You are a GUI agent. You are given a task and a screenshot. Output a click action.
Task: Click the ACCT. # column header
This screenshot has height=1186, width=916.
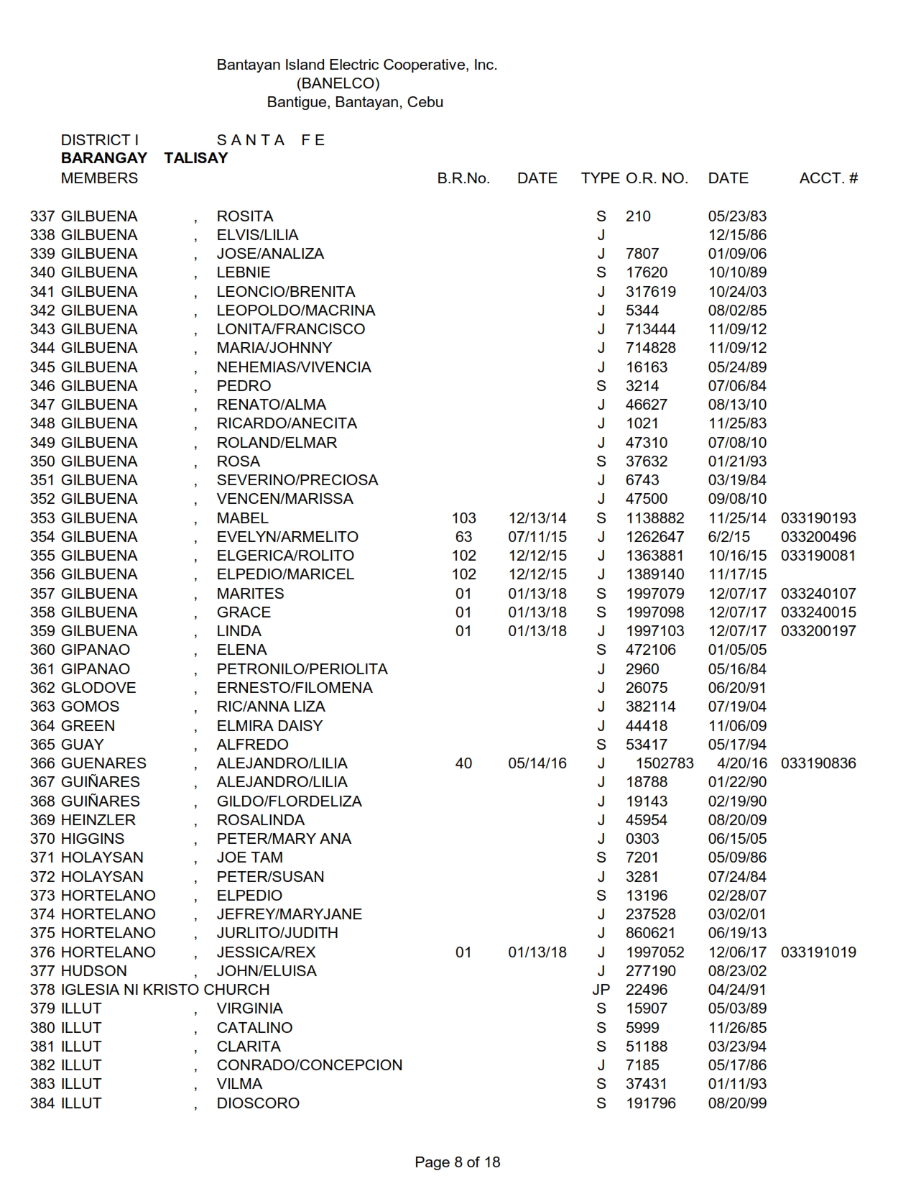828,178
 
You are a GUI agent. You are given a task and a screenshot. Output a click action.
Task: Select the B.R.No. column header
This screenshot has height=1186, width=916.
463,178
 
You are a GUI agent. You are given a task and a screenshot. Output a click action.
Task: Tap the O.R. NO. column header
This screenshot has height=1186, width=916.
657,178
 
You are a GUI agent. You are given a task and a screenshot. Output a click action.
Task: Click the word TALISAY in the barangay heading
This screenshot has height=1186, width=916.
195,158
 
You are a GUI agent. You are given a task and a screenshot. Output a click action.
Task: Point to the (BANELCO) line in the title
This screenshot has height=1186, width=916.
338,83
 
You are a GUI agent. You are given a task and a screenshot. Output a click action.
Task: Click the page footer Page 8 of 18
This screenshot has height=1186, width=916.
457,1162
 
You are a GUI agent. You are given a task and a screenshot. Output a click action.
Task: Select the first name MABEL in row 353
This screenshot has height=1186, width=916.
242,518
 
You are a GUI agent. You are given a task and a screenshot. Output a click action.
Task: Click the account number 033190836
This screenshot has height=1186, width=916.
818,763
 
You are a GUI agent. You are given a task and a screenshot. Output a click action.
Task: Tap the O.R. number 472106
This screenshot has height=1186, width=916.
650,650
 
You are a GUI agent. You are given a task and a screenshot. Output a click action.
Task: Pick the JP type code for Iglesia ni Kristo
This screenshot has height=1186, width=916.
601,990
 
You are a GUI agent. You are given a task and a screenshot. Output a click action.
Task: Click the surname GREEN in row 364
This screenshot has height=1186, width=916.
88,726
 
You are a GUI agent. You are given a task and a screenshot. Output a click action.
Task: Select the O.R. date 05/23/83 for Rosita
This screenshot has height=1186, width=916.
737,216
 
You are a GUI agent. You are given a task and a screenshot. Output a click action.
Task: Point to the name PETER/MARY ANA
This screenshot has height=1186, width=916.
284,839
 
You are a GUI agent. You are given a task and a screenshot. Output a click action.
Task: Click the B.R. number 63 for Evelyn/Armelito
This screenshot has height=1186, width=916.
463,537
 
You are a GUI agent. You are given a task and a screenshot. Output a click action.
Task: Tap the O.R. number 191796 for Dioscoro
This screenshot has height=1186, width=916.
650,1103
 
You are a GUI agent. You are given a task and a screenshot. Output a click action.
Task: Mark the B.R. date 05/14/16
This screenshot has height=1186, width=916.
537,763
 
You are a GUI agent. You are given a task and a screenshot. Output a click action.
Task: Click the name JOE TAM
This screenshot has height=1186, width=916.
249,858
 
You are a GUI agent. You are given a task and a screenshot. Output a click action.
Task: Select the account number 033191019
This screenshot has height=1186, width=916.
818,952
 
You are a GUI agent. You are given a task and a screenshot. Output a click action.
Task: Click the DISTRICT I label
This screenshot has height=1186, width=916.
100,140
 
